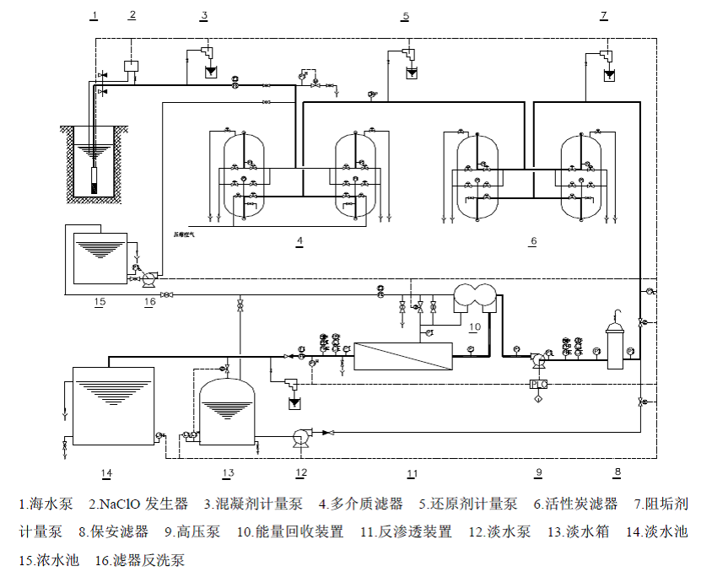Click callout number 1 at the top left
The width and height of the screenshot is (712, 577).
click(x=94, y=15)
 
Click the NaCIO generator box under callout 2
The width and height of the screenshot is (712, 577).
click(x=132, y=65)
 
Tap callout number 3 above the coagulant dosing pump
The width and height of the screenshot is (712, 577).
click(x=204, y=15)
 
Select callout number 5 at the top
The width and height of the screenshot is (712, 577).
click(x=406, y=16)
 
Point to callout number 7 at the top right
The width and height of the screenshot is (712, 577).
click(x=603, y=15)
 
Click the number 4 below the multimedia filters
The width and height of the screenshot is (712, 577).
click(x=299, y=241)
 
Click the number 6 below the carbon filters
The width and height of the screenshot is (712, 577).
click(x=533, y=241)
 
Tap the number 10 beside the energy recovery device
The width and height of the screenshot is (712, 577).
click(x=475, y=326)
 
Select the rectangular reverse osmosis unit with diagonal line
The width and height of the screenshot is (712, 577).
click(x=404, y=356)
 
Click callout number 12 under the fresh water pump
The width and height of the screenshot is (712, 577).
click(x=301, y=472)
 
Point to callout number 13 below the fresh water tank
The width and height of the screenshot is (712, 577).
click(x=228, y=472)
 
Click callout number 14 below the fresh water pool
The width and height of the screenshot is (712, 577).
click(x=106, y=472)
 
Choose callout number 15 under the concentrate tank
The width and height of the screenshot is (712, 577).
click(x=100, y=302)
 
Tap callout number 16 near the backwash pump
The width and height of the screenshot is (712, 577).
click(x=148, y=302)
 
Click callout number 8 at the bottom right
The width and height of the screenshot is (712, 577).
click(x=618, y=472)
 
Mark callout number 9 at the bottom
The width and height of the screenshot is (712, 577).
click(x=538, y=472)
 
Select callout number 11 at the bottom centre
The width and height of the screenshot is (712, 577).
click(x=413, y=472)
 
